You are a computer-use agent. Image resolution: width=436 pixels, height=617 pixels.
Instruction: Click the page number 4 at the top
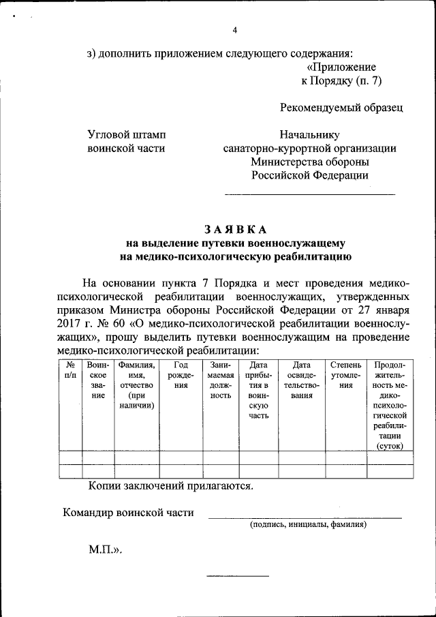point(235,30)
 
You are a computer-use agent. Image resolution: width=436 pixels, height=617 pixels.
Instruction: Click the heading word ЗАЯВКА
point(235,228)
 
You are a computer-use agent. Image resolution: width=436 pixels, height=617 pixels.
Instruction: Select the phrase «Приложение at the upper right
point(341,67)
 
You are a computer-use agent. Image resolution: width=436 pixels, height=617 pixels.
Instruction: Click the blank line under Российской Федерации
point(309,195)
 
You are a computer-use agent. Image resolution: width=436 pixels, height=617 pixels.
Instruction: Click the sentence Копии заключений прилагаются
point(170,486)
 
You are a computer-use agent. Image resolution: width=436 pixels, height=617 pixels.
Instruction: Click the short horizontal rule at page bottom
point(238,577)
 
